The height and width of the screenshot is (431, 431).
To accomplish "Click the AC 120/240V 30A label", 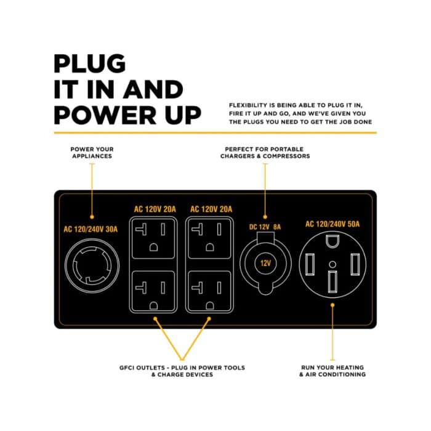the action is [91, 229].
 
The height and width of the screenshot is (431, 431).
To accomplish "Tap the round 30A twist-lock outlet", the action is [92, 265].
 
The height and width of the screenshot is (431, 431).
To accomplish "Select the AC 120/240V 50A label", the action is [332, 224].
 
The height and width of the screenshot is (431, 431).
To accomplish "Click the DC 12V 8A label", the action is [265, 227].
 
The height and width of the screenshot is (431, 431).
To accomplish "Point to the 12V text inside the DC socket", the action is [265, 264].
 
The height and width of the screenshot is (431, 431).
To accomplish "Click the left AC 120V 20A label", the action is [155, 209].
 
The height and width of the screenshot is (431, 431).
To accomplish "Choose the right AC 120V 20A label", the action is [211, 209].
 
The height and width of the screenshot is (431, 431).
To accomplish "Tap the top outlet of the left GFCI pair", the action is [153, 239].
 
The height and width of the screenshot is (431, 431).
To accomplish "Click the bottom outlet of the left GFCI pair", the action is [153, 291].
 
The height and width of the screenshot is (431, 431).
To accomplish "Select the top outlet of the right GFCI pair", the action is [210, 239].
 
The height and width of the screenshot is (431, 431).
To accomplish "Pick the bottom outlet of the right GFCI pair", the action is [210, 291].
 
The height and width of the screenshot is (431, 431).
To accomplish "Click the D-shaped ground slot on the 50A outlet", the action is [332, 241].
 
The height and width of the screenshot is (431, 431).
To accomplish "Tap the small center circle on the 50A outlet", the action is [332, 264].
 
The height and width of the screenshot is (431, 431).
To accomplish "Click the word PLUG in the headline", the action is [90, 64].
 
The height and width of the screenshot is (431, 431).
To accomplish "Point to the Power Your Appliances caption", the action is [92, 153].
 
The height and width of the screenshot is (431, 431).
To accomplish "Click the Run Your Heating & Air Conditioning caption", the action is [332, 371].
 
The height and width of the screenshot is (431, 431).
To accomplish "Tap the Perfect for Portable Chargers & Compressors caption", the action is [265, 153].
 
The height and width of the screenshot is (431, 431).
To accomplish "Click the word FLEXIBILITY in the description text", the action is [248, 105].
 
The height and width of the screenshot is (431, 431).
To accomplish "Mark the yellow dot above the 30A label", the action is [92, 217].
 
